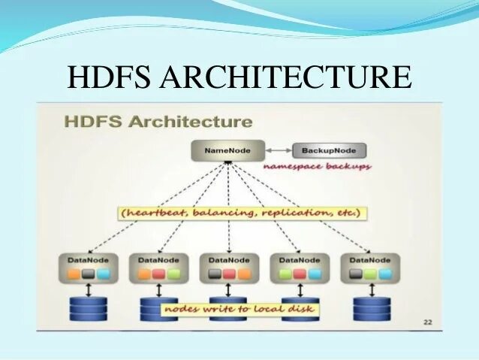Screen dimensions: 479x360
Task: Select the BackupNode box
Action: click(x=323, y=150)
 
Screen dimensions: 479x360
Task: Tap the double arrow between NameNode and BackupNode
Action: click(x=276, y=150)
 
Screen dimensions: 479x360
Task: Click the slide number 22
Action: click(x=427, y=322)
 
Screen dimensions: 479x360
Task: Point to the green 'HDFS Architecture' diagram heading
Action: click(x=158, y=121)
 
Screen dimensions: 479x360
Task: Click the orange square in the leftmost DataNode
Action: click(x=74, y=274)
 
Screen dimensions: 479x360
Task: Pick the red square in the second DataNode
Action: click(x=159, y=274)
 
